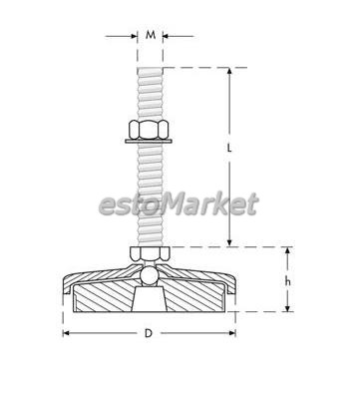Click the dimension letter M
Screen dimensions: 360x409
point(151,35)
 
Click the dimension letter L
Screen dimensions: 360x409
point(229,148)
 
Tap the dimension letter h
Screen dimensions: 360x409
point(288,281)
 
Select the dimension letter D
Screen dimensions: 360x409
point(149,333)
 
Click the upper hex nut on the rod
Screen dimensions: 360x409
point(149,130)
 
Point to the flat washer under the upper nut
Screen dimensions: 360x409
point(149,142)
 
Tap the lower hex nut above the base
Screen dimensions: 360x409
point(150,254)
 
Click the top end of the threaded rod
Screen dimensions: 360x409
point(150,68)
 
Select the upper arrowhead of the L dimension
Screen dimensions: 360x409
point(229,71)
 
